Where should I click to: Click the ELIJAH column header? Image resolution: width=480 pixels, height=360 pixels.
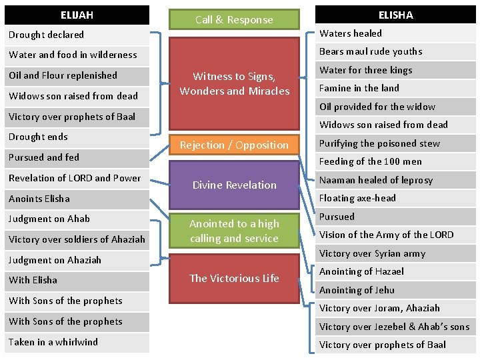(x=77, y=15)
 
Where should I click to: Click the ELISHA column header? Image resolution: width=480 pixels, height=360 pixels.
(x=395, y=15)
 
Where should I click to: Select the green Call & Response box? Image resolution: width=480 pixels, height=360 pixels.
(x=234, y=19)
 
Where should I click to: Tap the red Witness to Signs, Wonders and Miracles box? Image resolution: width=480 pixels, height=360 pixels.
(x=234, y=84)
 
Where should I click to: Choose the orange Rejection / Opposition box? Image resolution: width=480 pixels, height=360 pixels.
(x=234, y=145)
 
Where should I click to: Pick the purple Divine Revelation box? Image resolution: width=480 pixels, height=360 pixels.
(x=234, y=185)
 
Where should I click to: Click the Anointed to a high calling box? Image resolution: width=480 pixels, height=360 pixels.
(x=234, y=231)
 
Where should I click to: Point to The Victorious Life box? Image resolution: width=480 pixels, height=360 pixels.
(x=234, y=278)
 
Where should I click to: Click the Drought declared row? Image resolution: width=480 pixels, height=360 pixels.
(x=77, y=35)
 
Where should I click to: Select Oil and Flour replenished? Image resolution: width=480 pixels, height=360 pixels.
(x=77, y=75)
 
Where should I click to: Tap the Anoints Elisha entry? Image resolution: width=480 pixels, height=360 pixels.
(x=77, y=199)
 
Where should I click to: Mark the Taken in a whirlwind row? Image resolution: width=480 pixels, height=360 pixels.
(x=77, y=342)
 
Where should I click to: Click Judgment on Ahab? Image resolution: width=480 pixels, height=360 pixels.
(x=77, y=219)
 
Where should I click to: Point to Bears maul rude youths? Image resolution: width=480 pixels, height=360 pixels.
(x=395, y=51)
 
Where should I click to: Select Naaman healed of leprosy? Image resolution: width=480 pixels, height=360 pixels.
(x=395, y=180)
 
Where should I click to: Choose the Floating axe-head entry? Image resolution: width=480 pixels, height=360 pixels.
(x=395, y=198)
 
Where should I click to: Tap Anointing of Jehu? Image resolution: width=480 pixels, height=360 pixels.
(x=395, y=290)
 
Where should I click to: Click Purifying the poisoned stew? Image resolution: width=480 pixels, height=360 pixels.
(x=395, y=143)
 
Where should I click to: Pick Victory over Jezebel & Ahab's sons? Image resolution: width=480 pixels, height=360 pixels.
(x=395, y=327)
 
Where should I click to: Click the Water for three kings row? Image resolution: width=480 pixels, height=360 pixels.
(x=395, y=70)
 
